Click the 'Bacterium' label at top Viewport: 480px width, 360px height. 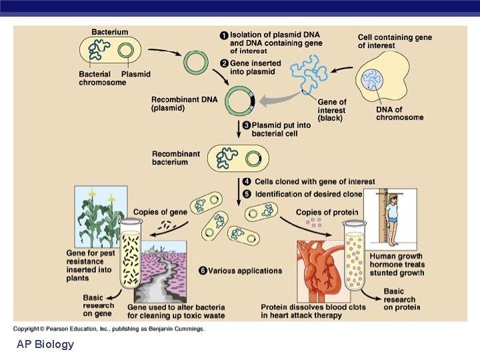coord(110,32)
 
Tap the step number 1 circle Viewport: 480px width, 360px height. coord(224,35)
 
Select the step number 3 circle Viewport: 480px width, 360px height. coord(246,125)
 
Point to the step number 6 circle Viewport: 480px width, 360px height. coord(203,271)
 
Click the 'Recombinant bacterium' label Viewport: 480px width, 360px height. coord(176,158)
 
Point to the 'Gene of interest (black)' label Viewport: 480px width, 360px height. coord(331,110)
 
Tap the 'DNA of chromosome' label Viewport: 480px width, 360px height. coord(399,113)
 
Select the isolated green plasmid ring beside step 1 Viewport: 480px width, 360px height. coord(196,64)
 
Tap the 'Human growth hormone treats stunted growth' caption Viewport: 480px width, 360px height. coord(397,265)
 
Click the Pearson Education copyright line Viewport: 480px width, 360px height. coord(109,328)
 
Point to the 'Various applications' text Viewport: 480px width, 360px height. coord(245,271)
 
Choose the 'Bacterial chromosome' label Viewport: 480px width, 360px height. coord(102,79)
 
